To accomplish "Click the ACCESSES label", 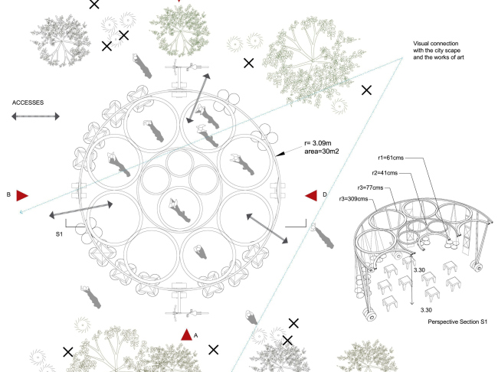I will click(x=28, y=102).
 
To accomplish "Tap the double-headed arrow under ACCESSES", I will click(x=35, y=116).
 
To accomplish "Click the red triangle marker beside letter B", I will click(x=22, y=196).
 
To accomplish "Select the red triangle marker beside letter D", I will click(x=311, y=196).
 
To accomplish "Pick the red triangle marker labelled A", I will click(x=186, y=334).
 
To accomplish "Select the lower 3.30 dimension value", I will click(x=426, y=310).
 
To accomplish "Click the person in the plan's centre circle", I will click(x=173, y=206).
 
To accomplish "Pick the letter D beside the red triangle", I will click(x=325, y=196).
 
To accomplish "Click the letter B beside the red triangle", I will click(x=8, y=195).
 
